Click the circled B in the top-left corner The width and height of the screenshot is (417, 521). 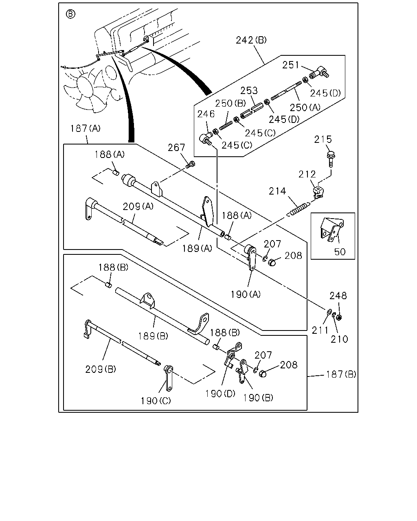tap(70, 14)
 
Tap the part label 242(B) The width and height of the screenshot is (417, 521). tap(251, 40)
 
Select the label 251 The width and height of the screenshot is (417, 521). tap(291, 65)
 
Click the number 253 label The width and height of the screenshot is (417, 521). tap(249, 90)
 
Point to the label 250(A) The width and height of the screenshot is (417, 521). tap(305, 107)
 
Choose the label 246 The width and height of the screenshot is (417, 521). tap(206, 114)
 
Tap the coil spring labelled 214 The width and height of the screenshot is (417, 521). tap(298, 209)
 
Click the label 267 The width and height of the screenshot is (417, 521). tap(176, 147)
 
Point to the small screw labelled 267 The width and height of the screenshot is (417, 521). tap(191, 165)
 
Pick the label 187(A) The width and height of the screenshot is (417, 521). tap(85, 128)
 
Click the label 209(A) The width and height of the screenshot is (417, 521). tap(138, 206)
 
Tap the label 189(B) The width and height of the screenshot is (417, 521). tap(153, 336)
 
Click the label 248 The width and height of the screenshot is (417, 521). tap(338, 296)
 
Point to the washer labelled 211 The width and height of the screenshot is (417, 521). tap(329, 312)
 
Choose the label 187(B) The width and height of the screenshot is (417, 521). tap(341, 374)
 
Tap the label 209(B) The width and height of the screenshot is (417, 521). tap(101, 369)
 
